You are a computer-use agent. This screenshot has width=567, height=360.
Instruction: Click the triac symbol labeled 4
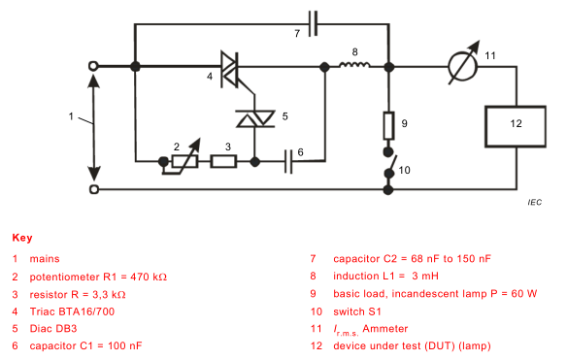click(x=230, y=67)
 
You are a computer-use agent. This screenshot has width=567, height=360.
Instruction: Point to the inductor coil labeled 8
click(x=355, y=67)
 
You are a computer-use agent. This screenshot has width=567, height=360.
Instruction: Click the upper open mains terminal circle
click(x=94, y=67)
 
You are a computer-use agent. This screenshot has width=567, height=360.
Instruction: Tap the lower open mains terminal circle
click(x=94, y=188)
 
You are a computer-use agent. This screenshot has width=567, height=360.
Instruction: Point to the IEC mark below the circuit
click(x=534, y=203)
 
